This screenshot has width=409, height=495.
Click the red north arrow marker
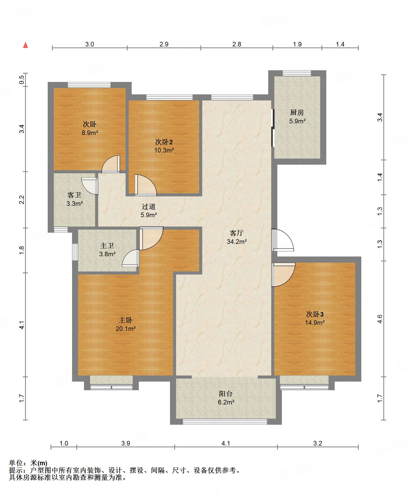tap(25, 45)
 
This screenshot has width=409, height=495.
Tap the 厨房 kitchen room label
tap(297, 112)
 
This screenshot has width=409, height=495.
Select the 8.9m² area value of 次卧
tap(90, 133)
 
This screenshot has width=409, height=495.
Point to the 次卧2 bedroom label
tap(164, 142)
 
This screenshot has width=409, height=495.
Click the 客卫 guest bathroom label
tap(74, 195)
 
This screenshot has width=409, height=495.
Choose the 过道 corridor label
tap(149, 207)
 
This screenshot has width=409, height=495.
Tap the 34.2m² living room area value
tap(237, 242)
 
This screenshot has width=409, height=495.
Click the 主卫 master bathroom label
tap(107, 246)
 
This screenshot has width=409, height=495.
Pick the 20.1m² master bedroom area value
tap(126, 329)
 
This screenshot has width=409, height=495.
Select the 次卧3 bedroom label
tap(315, 314)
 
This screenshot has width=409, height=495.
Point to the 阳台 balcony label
tap(226, 394)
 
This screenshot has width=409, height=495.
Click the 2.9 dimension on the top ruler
tap(164, 44)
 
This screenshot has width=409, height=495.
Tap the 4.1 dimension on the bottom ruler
tap(226, 443)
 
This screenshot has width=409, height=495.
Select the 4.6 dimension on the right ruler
tap(380, 319)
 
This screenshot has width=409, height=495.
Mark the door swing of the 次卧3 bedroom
tap(283, 275)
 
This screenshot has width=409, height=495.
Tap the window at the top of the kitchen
tap(297, 73)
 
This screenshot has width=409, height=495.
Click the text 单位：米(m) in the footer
tap(28, 463)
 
